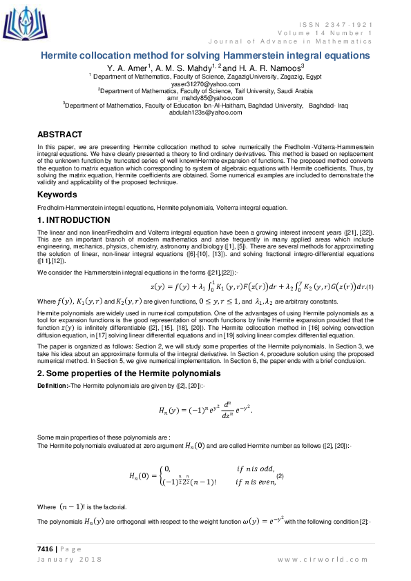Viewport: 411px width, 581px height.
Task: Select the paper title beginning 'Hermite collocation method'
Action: click(205, 55)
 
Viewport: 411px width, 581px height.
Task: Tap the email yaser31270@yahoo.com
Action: click(205, 83)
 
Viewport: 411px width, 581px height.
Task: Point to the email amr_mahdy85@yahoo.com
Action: click(205, 98)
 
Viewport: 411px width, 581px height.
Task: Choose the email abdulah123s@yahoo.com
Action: click(205, 112)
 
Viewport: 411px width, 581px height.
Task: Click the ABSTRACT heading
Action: click(59, 135)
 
